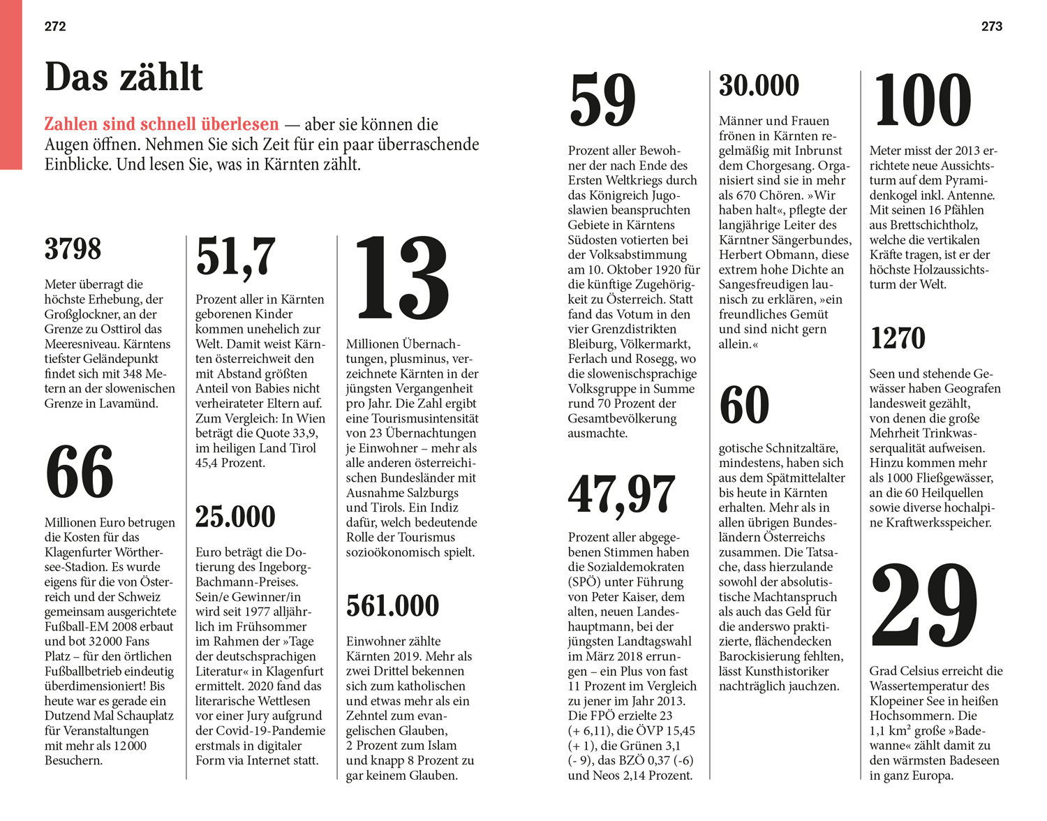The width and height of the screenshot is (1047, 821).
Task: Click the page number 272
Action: click(x=55, y=27)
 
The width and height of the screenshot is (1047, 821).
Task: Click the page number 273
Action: click(x=991, y=27)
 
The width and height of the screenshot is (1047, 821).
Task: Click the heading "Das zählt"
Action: click(x=124, y=77)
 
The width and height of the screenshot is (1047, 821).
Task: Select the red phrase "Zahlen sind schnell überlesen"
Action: click(x=161, y=124)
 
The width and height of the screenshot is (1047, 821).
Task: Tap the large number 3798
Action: click(x=73, y=249)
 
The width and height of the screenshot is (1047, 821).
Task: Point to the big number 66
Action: click(x=80, y=473)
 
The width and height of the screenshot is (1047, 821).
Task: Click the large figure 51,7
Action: click(x=235, y=256)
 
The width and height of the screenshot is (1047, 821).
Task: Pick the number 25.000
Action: click(x=235, y=517)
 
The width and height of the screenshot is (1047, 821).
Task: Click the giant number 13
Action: click(x=401, y=278)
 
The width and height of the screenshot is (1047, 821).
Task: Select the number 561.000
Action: click(x=392, y=606)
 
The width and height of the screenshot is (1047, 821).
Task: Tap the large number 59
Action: click(x=602, y=101)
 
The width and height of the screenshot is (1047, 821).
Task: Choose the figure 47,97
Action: click(x=621, y=494)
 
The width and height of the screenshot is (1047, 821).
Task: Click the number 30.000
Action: click(x=759, y=86)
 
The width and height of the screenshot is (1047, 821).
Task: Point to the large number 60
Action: click(x=744, y=405)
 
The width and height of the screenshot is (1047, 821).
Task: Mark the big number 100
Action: click(x=922, y=101)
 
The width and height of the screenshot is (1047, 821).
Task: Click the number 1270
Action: click(x=898, y=339)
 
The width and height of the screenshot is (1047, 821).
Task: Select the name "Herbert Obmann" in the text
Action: click(x=763, y=255)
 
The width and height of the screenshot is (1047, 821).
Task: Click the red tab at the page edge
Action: click(x=10, y=84)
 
